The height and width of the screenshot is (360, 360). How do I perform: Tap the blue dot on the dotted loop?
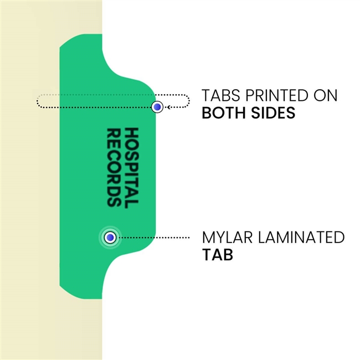(158, 106)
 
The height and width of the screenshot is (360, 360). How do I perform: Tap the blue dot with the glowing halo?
(110, 238)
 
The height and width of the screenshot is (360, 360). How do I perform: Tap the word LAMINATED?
(300, 238)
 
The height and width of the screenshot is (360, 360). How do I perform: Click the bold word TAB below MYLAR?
(217, 256)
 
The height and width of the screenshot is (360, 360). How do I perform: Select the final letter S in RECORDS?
(114, 201)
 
